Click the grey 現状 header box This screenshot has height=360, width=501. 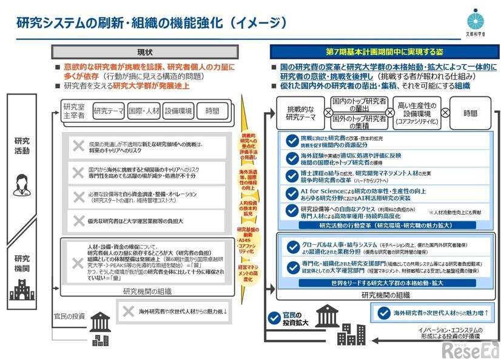tap(145, 52)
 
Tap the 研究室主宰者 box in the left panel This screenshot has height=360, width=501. tap(73, 112)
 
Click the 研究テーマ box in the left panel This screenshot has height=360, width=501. tap(109, 112)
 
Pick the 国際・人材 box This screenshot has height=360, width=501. tap(144, 112)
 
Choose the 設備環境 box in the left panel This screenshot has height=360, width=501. tap(178, 112)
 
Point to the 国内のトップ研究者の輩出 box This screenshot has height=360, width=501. tap(359, 104)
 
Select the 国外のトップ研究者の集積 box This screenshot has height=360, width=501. tap(359, 122)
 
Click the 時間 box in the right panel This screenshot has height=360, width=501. tap(471, 113)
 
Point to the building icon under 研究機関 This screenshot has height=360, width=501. tap(21, 291)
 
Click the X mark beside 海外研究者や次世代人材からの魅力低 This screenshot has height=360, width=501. tap(128, 312)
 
